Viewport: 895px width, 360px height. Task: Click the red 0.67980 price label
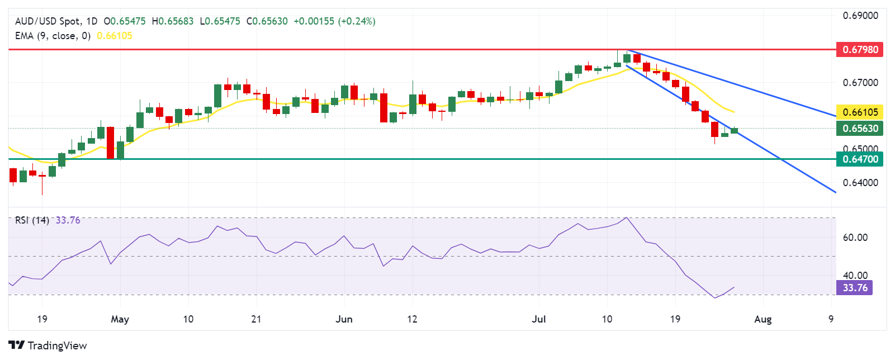pos(860,50)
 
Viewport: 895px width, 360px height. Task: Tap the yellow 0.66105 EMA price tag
pos(860,112)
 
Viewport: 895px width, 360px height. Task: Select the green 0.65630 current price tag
pos(860,129)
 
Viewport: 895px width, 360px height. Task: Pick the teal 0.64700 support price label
pos(860,159)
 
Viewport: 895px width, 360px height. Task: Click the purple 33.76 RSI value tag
pos(854,288)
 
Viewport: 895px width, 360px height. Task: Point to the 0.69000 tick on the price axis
pos(860,16)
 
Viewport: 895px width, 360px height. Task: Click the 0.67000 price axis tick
pos(860,83)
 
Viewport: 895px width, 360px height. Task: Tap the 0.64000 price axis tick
pos(860,183)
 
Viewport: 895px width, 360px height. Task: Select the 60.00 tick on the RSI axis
pos(855,238)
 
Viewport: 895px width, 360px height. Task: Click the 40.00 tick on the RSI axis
pos(855,276)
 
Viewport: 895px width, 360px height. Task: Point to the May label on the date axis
pos(120,319)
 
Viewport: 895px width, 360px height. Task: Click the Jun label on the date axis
pos(344,319)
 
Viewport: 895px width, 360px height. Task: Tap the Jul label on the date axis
pos(539,319)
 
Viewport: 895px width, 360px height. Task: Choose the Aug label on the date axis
pos(763,319)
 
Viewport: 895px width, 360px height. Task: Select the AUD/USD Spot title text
pos(48,21)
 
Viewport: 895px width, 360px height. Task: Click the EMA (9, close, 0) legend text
pos(53,36)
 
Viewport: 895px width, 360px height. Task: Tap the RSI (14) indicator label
pos(32,220)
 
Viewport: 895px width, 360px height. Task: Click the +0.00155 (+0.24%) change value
pos(334,21)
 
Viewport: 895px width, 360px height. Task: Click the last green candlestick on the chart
pos(734,131)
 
